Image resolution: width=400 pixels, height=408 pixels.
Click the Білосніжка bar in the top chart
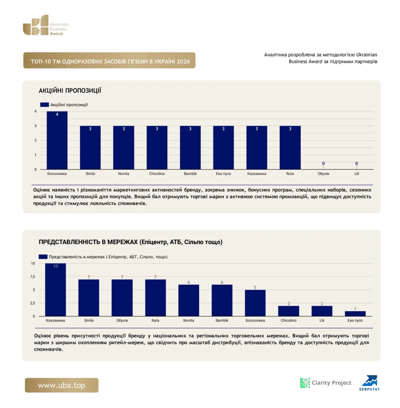[x=57, y=140]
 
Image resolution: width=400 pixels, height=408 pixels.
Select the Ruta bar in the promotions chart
[x=290, y=147]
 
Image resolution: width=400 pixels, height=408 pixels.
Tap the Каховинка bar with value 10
[x=55, y=290]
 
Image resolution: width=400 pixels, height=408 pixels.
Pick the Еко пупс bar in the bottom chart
[x=355, y=314]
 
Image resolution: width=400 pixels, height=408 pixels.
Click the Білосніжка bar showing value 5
[x=255, y=303]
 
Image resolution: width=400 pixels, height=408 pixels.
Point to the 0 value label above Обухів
[x=324, y=163]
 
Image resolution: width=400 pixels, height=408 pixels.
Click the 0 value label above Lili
[x=357, y=163]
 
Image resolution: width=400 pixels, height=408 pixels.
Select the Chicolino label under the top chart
[x=157, y=174]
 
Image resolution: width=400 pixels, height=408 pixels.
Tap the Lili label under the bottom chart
[x=322, y=320]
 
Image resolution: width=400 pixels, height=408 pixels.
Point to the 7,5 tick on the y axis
[x=33, y=277]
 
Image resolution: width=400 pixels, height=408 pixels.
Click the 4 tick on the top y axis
[x=35, y=112]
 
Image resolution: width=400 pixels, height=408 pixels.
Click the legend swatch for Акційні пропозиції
[x=45, y=105]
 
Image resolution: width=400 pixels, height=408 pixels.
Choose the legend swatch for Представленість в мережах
[x=43, y=257]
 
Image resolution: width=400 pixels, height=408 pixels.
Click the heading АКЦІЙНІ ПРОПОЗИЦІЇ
[x=70, y=90]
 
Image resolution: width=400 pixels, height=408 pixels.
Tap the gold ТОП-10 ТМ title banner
[x=109, y=61]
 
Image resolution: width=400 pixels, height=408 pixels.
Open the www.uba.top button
[x=62, y=385]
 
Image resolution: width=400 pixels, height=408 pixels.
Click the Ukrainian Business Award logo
[x=46, y=25]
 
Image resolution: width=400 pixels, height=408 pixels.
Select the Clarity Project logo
[x=325, y=383]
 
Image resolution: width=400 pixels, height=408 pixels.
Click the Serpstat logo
[x=370, y=383]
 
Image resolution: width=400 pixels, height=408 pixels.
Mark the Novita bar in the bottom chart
[x=189, y=300]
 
